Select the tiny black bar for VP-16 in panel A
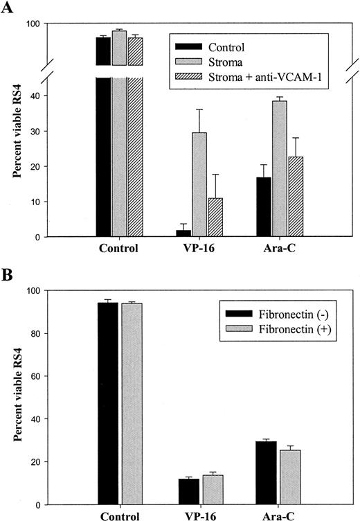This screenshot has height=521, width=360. pos(183,233)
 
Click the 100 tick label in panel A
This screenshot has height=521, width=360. pos(30,24)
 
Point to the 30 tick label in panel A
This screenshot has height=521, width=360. pos(33,131)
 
